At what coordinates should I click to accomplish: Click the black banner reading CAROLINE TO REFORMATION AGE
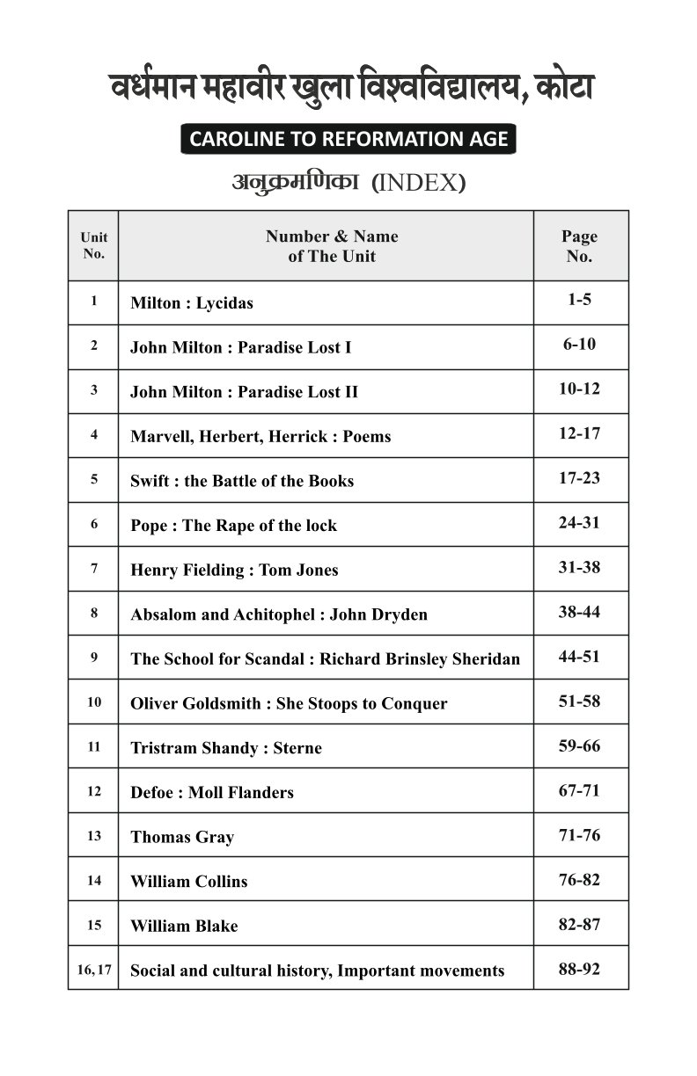(348, 140)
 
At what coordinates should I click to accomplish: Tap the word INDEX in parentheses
(419, 184)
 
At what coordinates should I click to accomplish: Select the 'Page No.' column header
(579, 246)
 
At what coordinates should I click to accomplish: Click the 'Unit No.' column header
(93, 246)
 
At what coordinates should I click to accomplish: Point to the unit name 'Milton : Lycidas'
(191, 303)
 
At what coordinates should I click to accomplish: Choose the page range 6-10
(579, 345)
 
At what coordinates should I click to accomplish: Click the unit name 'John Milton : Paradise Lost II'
(244, 392)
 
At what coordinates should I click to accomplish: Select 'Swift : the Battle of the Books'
(242, 481)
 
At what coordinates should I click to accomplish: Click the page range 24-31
(579, 522)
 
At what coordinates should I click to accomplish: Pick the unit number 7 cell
(93, 569)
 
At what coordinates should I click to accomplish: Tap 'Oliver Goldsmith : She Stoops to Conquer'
(289, 704)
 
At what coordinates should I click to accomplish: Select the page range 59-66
(579, 745)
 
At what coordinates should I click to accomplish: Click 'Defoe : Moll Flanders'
(212, 793)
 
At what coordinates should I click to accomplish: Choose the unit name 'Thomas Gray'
(182, 837)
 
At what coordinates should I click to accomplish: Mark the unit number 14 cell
(93, 880)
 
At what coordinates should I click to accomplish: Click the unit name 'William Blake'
(184, 927)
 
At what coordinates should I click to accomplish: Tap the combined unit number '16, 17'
(93, 970)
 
